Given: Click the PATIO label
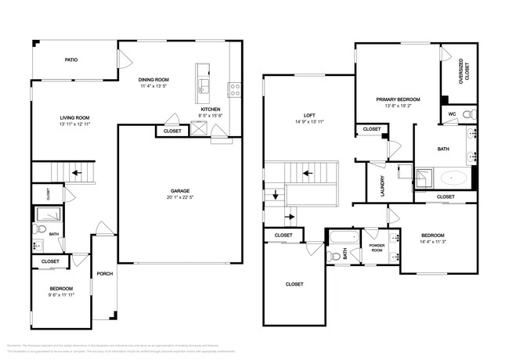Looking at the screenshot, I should tap(71, 59).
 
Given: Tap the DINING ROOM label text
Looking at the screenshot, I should tap(154, 79).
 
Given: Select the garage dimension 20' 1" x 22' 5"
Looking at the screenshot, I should tap(180, 197).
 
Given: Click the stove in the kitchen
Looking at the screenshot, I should tap(233, 88).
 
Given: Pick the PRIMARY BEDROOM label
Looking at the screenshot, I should tap(398, 99).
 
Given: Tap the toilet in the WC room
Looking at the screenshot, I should tap(469, 115).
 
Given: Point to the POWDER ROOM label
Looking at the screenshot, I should tap(377, 248).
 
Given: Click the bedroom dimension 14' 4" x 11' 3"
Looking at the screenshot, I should tap(432, 242).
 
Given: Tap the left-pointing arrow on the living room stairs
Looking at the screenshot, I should tap(77, 173).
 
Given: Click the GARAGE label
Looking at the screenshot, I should tap(180, 190).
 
